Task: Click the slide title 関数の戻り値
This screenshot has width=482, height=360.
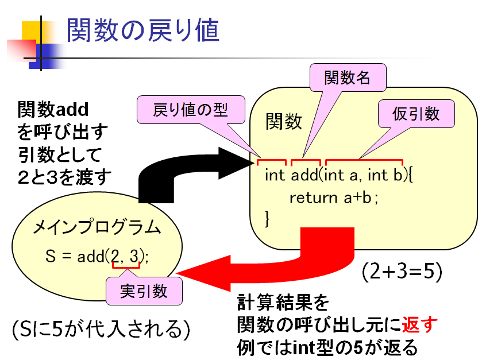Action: (x=142, y=30)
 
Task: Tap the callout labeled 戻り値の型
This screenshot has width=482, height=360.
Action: (x=190, y=110)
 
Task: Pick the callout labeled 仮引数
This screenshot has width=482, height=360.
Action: (x=416, y=114)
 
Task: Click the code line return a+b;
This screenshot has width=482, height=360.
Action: (x=334, y=198)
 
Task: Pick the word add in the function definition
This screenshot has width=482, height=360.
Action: (x=304, y=175)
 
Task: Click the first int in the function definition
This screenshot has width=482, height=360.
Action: (x=275, y=175)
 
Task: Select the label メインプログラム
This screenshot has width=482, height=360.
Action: (x=97, y=228)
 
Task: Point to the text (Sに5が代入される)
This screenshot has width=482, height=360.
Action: (x=101, y=330)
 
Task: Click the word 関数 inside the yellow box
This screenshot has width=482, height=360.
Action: (x=283, y=121)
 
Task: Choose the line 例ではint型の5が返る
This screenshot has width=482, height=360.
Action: (x=327, y=347)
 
